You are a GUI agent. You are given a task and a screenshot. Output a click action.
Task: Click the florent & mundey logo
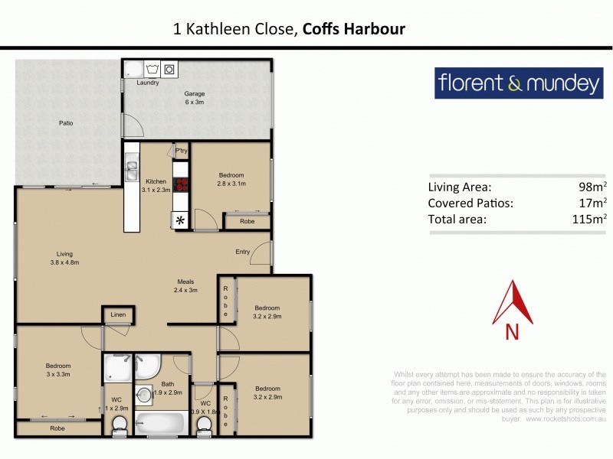(518, 83)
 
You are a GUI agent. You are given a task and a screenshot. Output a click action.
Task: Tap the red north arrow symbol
(513, 304)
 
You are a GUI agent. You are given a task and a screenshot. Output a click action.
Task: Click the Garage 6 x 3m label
(194, 98)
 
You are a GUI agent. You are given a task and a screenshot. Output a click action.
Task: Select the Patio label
(67, 122)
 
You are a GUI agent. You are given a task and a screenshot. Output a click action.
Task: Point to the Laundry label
(147, 83)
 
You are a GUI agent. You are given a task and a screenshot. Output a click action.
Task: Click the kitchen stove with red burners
(182, 184)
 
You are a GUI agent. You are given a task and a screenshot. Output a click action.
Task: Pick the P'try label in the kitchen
(182, 151)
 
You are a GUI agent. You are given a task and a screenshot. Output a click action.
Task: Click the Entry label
(242, 252)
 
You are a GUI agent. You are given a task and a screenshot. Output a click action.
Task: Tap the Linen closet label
(118, 314)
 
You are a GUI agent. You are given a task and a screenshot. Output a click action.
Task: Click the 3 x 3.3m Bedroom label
(58, 370)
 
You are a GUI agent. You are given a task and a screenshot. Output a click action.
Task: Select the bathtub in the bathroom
(160, 424)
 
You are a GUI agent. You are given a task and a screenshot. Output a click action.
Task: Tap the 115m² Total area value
(589, 220)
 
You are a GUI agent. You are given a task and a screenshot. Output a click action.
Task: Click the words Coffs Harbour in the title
(354, 29)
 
